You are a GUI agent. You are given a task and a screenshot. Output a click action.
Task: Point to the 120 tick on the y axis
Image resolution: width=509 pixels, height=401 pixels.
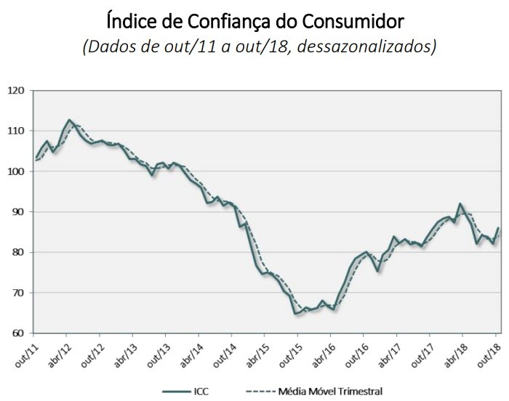[x=17, y=91]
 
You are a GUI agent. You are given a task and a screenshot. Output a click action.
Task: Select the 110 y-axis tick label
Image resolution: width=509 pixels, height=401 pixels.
[x=17, y=131]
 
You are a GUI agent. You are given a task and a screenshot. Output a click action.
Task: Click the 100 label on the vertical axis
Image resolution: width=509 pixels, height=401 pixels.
[x=17, y=171]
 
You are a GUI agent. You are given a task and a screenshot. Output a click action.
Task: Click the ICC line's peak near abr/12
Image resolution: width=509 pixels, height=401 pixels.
[x=69, y=120]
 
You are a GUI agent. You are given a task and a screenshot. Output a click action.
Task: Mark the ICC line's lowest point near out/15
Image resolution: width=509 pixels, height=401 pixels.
[x=297, y=313]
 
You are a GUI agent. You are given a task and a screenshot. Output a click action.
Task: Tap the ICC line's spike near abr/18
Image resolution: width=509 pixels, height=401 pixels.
[x=461, y=204]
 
